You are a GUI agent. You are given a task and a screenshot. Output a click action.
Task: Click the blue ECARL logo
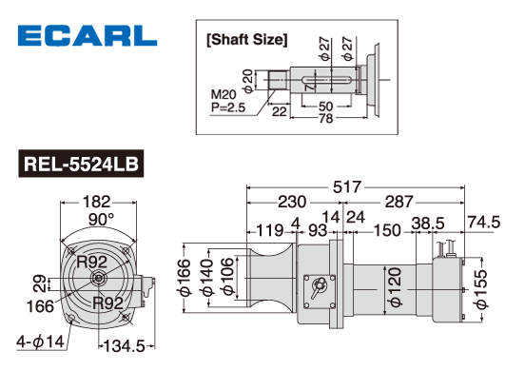click(x=87, y=35)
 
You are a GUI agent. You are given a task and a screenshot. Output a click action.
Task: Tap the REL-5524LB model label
click(x=81, y=164)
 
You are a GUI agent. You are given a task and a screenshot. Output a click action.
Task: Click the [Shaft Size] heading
click(x=247, y=40)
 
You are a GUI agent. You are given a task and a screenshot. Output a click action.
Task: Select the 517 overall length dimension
click(x=347, y=186)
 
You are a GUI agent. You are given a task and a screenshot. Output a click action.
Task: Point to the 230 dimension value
click(x=292, y=202)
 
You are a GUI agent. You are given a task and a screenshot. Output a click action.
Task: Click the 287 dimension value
click(x=399, y=202)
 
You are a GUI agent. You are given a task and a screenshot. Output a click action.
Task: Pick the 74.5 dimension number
click(x=484, y=222)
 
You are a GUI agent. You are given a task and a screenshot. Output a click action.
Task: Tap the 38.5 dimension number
click(x=428, y=224)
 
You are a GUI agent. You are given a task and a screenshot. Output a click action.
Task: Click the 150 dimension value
click(x=386, y=230)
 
